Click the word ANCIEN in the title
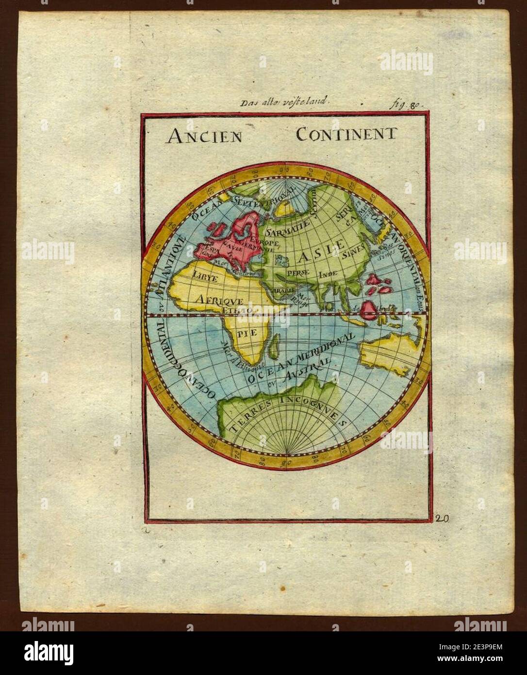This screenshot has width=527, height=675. click(x=204, y=135)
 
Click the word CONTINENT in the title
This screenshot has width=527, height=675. click(x=346, y=134)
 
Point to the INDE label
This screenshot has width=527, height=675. click(x=329, y=274)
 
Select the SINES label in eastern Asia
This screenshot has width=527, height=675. click(x=353, y=253)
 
